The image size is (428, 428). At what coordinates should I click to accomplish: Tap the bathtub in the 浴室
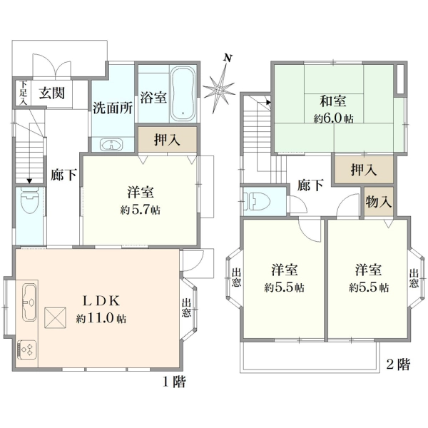pyautogui.click(x=183, y=93)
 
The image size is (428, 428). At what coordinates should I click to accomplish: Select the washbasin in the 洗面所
pyautogui.click(x=111, y=144)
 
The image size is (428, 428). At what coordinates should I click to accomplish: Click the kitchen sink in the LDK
pyautogui.click(x=29, y=302)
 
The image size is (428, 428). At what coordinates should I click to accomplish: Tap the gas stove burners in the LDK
pyautogui.click(x=27, y=350)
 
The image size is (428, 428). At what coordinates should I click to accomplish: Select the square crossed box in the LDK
pyautogui.click(x=56, y=317)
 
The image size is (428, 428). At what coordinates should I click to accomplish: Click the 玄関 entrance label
pyautogui.click(x=52, y=93)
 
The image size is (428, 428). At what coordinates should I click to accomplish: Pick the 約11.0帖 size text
pyautogui.click(x=101, y=318)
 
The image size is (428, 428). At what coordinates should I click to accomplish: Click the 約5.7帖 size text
pyautogui.click(x=141, y=210)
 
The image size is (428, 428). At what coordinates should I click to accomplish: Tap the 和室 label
pyautogui.click(x=333, y=101)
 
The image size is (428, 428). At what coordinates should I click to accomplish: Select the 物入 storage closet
pyautogui.click(x=379, y=202)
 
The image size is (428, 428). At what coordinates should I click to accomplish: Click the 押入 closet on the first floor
pyautogui.click(x=168, y=140)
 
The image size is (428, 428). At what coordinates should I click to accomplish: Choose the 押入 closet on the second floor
pyautogui.click(x=364, y=170)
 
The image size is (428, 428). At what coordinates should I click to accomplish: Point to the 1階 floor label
pyautogui.click(x=175, y=382)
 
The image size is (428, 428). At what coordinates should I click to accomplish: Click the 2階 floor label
pyautogui.click(x=398, y=364)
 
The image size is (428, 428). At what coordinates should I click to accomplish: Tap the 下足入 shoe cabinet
pyautogui.click(x=24, y=93)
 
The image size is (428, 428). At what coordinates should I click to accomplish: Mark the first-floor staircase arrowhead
pyautogui.click(x=29, y=181)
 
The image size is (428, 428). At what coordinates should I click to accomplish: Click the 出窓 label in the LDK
pyautogui.click(x=186, y=308)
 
